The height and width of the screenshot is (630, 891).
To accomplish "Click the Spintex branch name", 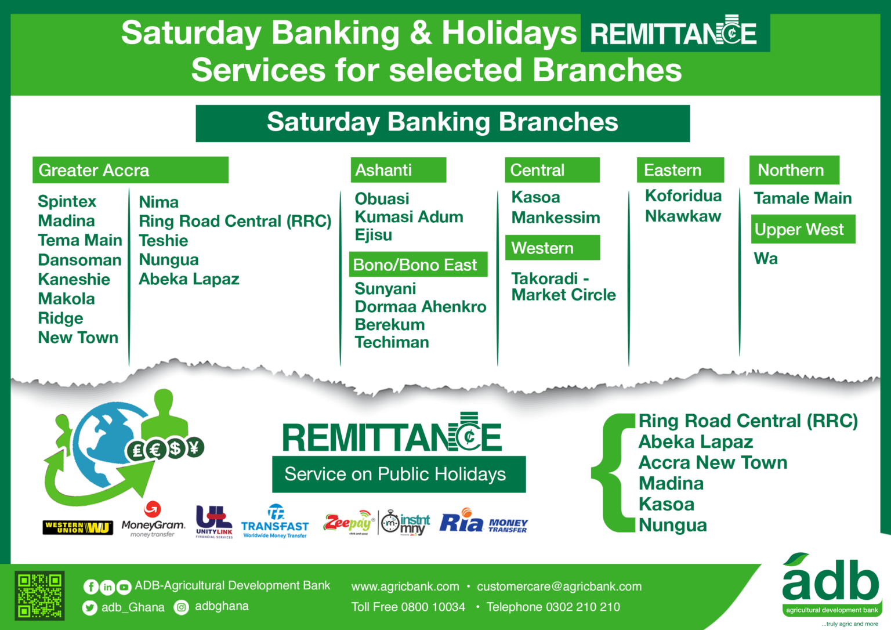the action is point(67,202).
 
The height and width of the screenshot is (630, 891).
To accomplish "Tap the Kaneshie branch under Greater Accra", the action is point(74,279).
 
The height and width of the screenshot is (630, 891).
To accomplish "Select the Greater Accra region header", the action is point(131,170).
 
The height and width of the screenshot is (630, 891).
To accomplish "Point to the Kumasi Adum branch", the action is point(409,217).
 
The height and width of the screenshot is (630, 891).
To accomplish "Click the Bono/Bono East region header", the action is point(418,265).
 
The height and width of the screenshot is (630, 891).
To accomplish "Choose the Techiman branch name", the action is point(392,342).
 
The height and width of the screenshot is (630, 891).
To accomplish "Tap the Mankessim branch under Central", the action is point(555,218).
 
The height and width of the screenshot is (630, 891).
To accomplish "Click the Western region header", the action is point(552,248).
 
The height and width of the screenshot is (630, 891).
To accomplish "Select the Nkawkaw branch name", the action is point(683,216).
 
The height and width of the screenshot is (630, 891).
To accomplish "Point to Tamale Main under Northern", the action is point(803,198).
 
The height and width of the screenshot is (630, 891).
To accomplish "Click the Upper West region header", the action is point(803,229).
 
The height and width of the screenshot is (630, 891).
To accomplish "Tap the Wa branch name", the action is point(766,259).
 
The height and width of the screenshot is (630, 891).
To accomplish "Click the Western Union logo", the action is point(78,527).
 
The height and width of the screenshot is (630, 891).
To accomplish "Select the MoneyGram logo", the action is point(153,519).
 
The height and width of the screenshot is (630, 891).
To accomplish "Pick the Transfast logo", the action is point(275,522).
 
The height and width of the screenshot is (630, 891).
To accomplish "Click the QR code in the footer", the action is point(39,596).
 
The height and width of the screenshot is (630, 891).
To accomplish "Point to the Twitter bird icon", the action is point(89,608).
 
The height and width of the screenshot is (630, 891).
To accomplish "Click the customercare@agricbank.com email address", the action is point(559,586).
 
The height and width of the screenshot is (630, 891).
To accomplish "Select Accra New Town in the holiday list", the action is point(713,462).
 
